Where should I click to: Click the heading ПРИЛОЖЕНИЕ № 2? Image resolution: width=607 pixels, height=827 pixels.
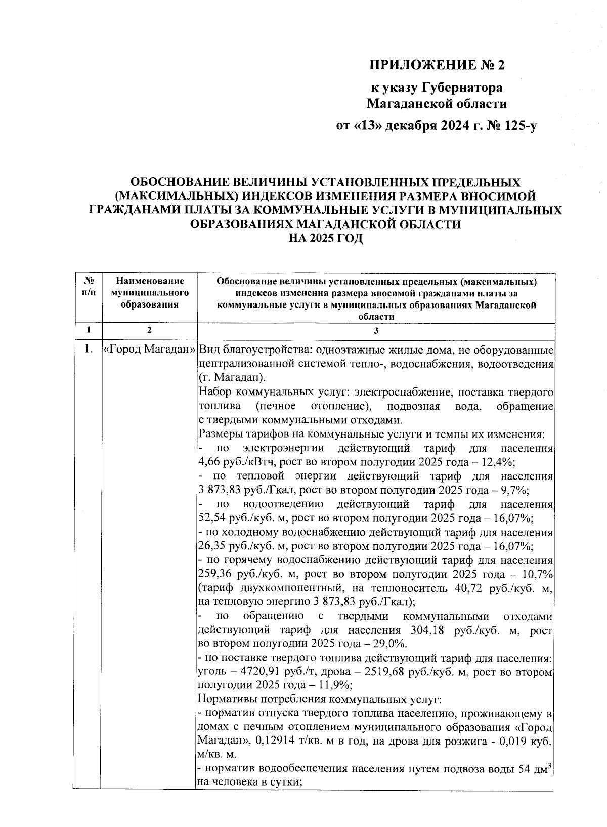coord(438,65)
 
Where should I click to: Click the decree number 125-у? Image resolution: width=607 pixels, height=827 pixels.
coord(519,126)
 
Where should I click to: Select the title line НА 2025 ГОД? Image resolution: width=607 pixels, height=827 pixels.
coord(325,238)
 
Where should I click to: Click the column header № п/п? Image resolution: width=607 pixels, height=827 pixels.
coord(88,286)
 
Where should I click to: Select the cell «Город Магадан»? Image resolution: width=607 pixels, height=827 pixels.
coord(149,350)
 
